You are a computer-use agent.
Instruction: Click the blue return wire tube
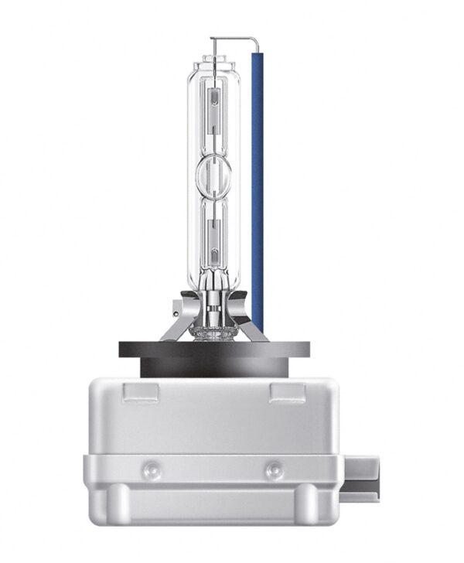pos(258,186)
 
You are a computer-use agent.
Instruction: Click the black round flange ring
pos(213,350)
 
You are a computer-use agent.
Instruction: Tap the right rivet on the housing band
pos(273,469)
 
